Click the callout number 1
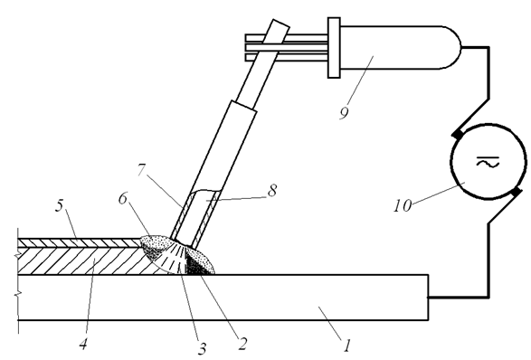(x=346, y=346)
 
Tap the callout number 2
(x=242, y=344)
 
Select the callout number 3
(x=202, y=348)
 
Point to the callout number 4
(x=83, y=344)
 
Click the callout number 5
(x=60, y=206)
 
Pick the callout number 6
(x=123, y=198)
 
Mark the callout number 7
(x=141, y=170)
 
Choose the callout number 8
(x=272, y=190)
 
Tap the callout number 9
(x=344, y=113)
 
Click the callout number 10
(x=403, y=205)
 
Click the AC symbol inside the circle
(x=488, y=162)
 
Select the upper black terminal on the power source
(x=458, y=134)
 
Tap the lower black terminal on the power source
(x=516, y=192)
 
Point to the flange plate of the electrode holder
(x=334, y=48)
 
